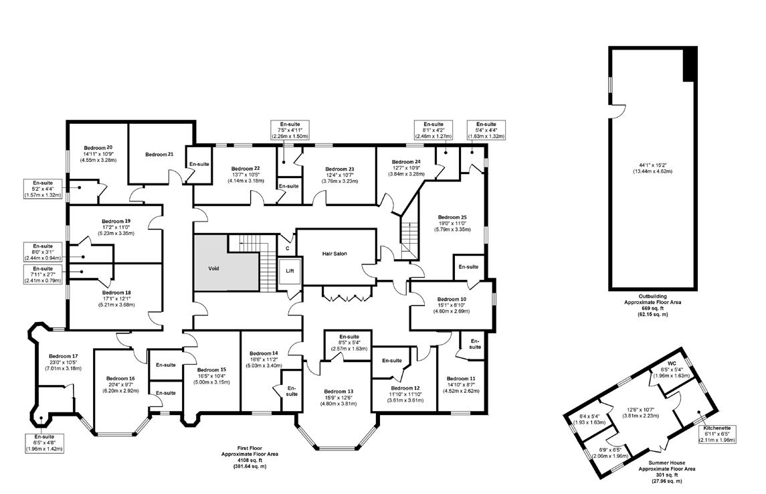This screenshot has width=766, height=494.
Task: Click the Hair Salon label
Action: click(334, 254)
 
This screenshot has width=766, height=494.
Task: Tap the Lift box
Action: click(290, 271)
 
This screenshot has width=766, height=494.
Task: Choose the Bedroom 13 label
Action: click(339, 392)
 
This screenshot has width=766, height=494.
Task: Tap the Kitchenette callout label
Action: click(717, 428)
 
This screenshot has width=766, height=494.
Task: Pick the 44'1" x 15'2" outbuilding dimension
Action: click(653, 165)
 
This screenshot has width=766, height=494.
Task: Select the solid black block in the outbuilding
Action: click(689, 64)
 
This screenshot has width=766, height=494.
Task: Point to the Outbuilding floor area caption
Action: click(653, 305)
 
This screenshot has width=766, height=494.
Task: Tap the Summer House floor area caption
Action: click(667, 472)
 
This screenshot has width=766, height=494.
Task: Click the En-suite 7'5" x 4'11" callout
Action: click(290, 131)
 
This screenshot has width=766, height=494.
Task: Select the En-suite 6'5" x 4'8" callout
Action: click(44, 442)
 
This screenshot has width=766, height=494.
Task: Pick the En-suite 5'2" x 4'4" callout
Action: click(43, 189)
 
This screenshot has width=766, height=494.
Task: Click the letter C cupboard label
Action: click(288, 248)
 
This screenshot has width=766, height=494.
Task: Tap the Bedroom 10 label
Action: click(452, 299)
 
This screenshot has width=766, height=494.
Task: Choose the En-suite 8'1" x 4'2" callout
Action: click(434, 131)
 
